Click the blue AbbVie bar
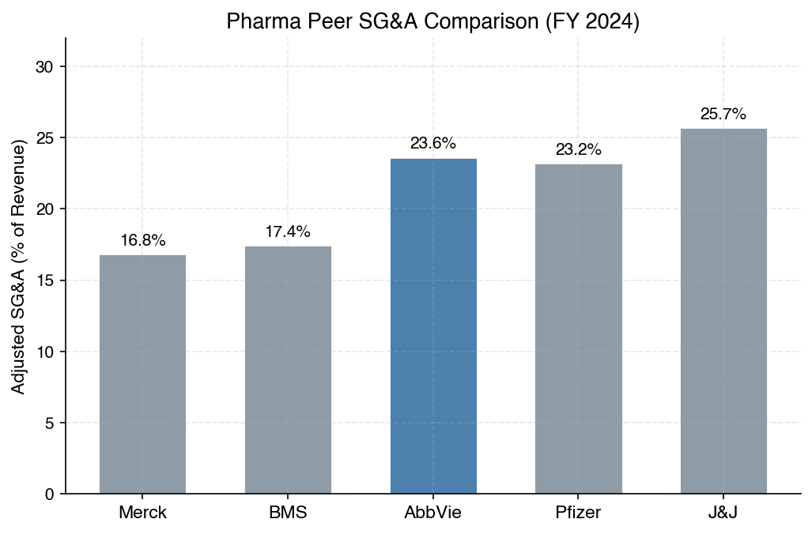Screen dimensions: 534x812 pyautogui.click(x=433, y=325)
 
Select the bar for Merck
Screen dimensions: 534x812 pyautogui.click(x=142, y=374)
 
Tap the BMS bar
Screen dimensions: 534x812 pyautogui.click(x=288, y=370)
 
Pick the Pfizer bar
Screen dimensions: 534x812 pyautogui.click(x=579, y=329)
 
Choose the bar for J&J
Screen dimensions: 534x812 pyautogui.click(x=723, y=310)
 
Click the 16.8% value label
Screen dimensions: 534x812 pyautogui.click(x=143, y=241)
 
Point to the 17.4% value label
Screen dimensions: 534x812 pyautogui.click(x=288, y=232)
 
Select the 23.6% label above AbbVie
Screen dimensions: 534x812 pyautogui.click(x=433, y=144)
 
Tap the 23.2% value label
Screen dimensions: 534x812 pyautogui.click(x=579, y=149)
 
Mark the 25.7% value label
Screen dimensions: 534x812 pyautogui.click(x=723, y=114)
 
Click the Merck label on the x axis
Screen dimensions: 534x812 pyautogui.click(x=143, y=512)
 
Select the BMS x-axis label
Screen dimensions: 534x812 pyautogui.click(x=288, y=512)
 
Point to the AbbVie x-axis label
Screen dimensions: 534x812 pyautogui.click(x=433, y=512)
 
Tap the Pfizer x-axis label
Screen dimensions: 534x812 pyautogui.click(x=579, y=512)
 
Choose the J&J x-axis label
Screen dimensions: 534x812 pyautogui.click(x=723, y=512)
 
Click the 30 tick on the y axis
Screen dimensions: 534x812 pyautogui.click(x=44, y=67)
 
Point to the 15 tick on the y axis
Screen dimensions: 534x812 pyautogui.click(x=44, y=280)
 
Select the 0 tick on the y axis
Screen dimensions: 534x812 pyautogui.click(x=49, y=494)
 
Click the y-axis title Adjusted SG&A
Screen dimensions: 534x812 pyautogui.click(x=19, y=266)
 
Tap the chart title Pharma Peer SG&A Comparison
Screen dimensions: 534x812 pyautogui.click(x=433, y=21)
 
